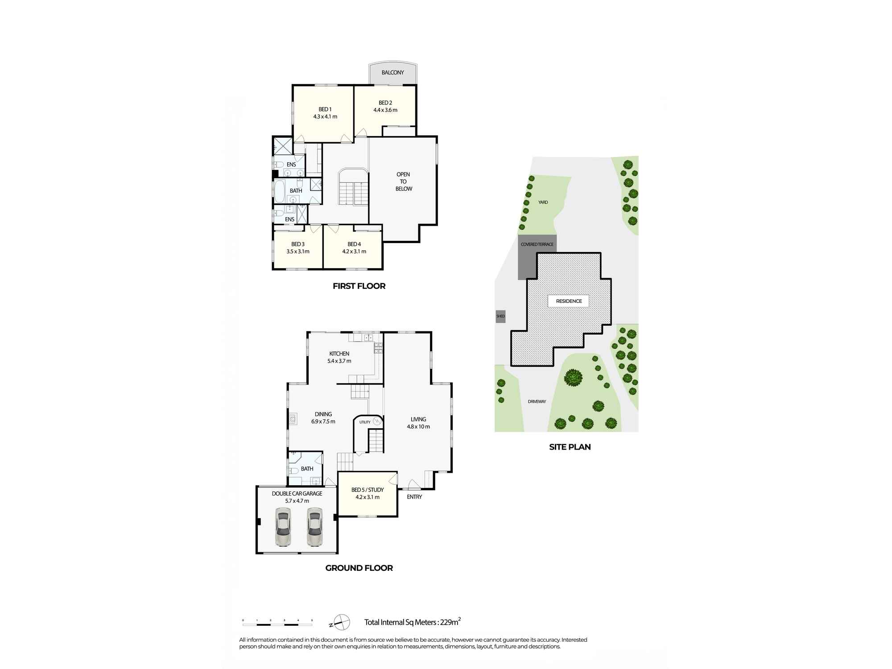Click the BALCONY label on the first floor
pos(392,72)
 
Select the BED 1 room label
pos(325,109)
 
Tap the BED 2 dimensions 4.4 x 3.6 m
pos(385,110)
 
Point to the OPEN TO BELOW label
pos(404,182)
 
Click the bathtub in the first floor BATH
pos(280,191)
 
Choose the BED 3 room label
pos(297,244)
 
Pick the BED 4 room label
pos(354,244)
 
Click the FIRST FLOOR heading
pos(359,286)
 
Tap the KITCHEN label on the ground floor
pos(339,354)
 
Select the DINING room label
pos(323,414)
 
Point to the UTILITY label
pos(365,422)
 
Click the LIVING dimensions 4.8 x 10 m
pos(418,427)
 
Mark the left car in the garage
pos(283,529)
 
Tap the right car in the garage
pos(314,529)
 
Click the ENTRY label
pos(414,497)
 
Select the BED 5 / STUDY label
pos(367,490)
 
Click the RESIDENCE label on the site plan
pos(569,301)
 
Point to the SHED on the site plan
pos(500,316)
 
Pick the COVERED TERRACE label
pos(537,244)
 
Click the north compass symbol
pos(342,622)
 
